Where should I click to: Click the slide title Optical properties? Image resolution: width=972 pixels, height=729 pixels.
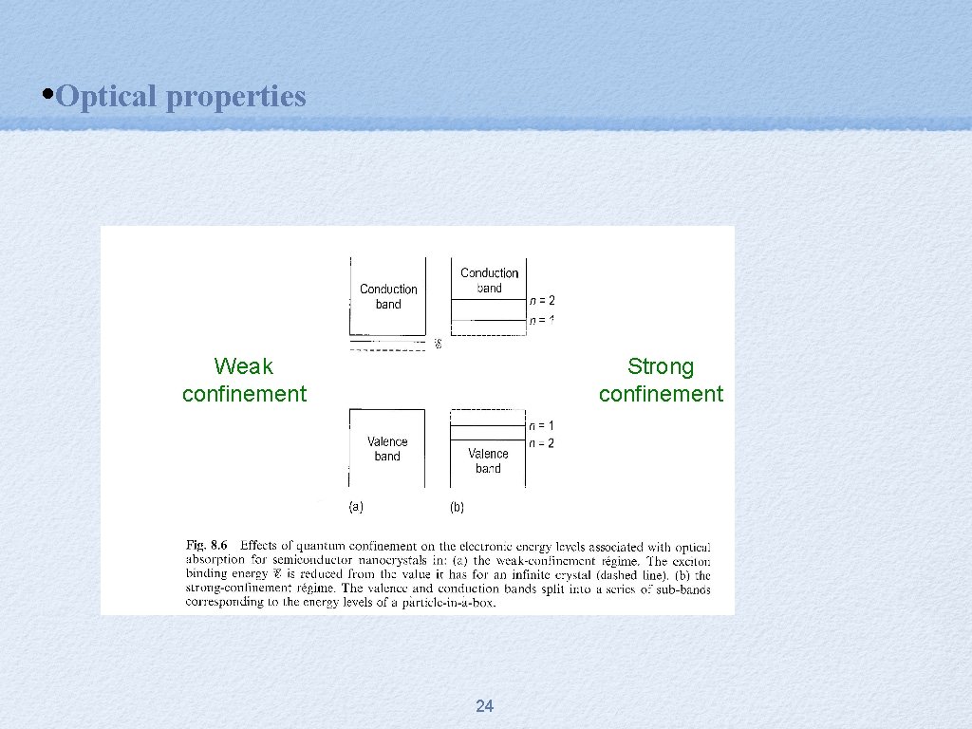(x=180, y=96)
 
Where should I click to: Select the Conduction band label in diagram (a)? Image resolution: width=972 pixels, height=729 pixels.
(x=388, y=296)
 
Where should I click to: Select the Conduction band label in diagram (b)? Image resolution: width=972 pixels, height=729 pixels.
(x=489, y=280)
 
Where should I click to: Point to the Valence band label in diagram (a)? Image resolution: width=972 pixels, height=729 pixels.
(x=387, y=449)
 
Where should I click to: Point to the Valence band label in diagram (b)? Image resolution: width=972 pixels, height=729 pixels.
(x=488, y=460)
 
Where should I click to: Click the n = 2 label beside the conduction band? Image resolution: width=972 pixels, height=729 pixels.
(x=541, y=301)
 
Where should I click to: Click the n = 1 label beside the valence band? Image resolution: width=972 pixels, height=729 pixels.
(x=541, y=425)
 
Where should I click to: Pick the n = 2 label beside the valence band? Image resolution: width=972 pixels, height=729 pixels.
(x=541, y=443)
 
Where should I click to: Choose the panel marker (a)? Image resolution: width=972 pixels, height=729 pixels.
(x=356, y=507)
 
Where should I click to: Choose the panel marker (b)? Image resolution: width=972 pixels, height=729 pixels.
(x=457, y=507)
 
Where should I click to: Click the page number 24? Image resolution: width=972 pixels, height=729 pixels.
(x=484, y=705)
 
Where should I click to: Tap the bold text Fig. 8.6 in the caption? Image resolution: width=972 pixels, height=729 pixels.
(x=207, y=546)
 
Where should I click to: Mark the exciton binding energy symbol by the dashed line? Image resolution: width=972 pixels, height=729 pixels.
(x=438, y=344)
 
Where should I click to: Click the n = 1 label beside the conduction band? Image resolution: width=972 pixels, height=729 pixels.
(x=541, y=321)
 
